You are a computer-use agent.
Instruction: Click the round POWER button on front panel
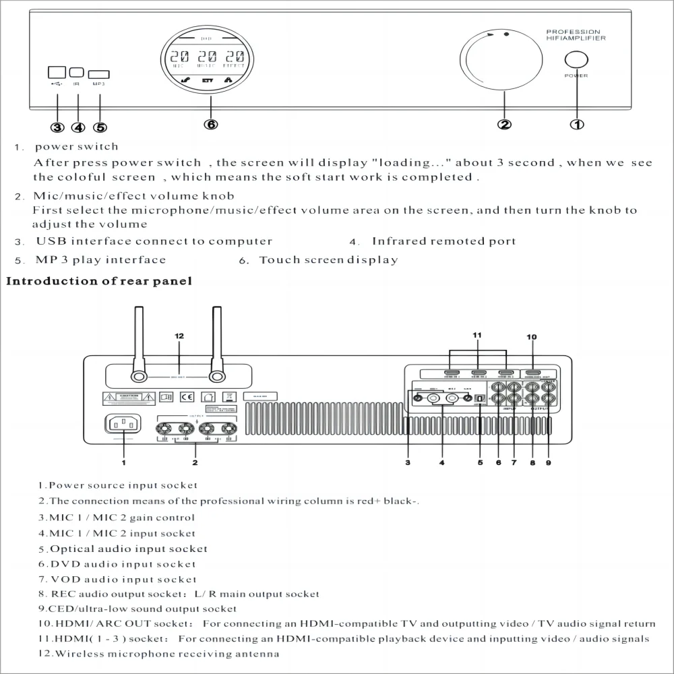pos(576,59)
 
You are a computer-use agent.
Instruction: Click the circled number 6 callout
pos(211,124)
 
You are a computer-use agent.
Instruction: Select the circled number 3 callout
pos(57,127)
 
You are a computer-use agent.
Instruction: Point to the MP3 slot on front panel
pos(99,74)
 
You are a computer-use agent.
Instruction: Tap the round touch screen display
pos(211,61)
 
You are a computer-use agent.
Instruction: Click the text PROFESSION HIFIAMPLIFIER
pos(576,35)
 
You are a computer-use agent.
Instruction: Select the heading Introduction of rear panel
pos(99,281)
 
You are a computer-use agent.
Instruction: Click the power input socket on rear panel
pos(123,425)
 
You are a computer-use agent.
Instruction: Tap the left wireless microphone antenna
pos(139,344)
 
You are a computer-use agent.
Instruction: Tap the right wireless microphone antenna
pos(216,344)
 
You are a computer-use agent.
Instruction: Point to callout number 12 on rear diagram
pos(179,336)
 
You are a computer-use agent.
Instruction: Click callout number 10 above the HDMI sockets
pos(532,337)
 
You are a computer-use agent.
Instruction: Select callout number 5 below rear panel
pos(480,462)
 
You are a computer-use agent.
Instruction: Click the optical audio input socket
pos(479,398)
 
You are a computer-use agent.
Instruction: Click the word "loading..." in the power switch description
pos(412,162)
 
